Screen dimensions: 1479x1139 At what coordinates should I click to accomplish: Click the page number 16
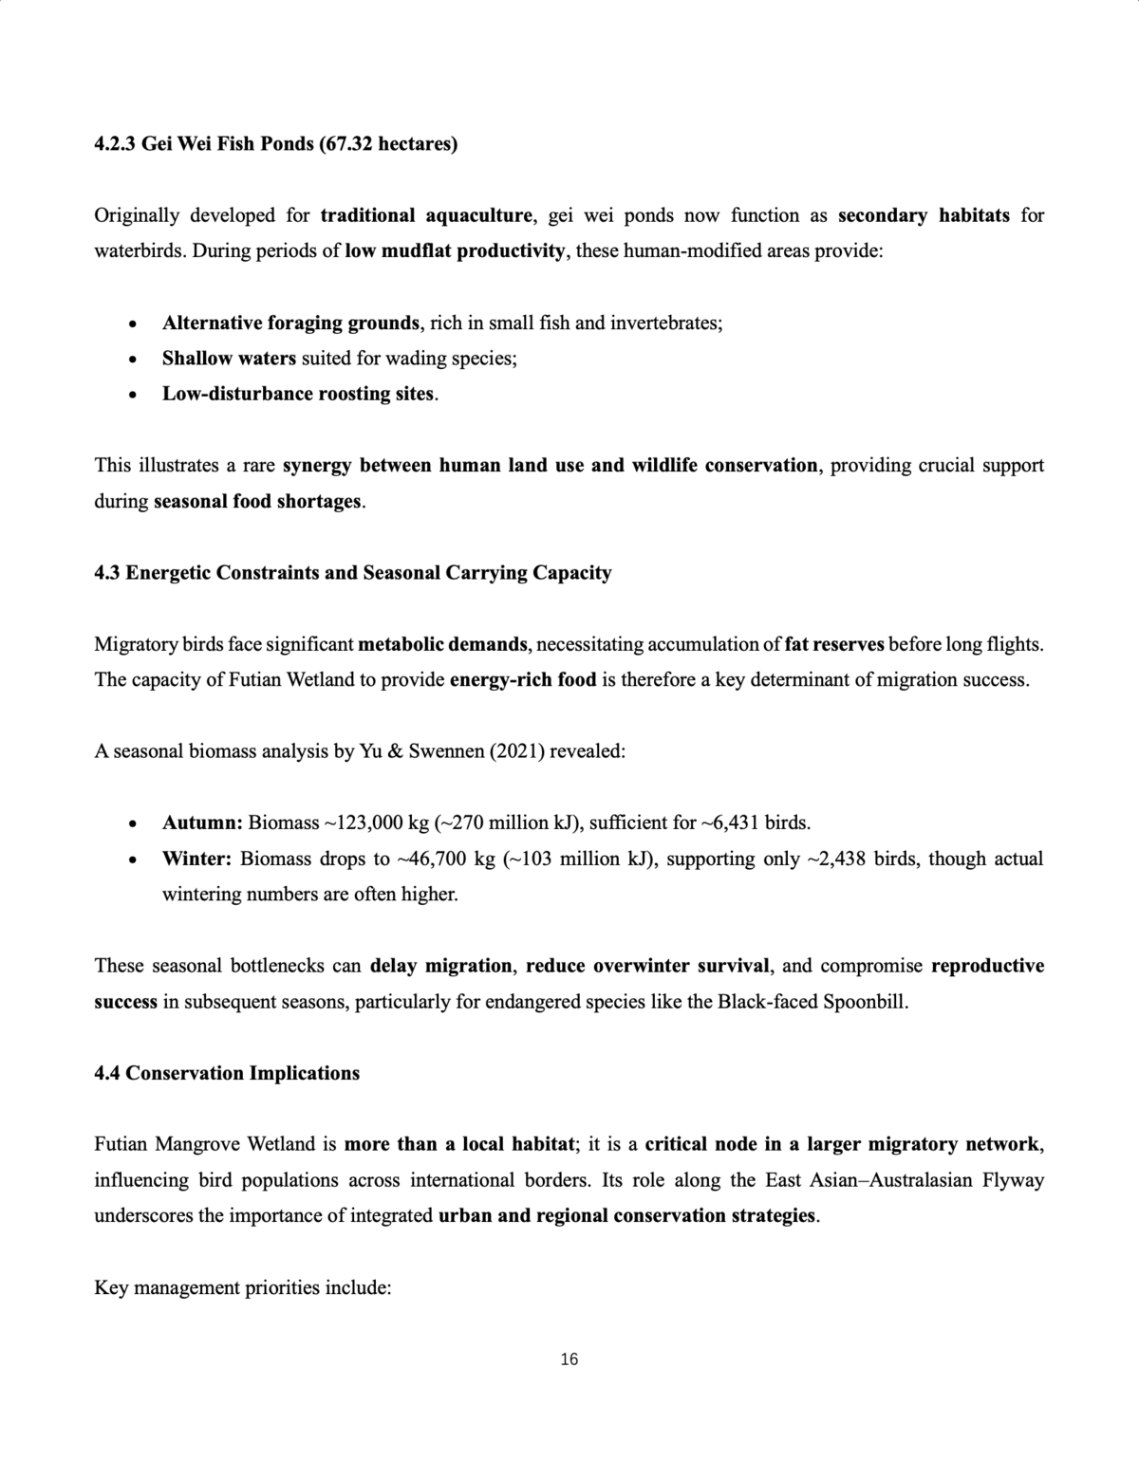[x=569, y=1359]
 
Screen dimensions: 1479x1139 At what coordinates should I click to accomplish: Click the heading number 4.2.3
[x=115, y=144]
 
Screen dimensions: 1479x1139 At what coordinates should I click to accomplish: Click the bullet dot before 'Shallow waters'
[x=134, y=360]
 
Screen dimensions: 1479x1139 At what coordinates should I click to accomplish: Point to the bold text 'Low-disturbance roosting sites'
[x=298, y=394]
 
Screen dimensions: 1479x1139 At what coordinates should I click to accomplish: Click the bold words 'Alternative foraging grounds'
[x=290, y=323]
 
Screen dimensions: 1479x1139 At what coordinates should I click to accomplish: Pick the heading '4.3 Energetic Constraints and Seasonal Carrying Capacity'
[x=353, y=573]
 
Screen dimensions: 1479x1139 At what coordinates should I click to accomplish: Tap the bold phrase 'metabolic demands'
[x=443, y=645]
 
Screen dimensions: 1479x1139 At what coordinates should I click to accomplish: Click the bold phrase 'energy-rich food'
[x=523, y=680]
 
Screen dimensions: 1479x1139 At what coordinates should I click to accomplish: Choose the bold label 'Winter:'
[x=197, y=859]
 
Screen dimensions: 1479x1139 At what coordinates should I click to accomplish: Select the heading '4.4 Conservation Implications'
[x=227, y=1073]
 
